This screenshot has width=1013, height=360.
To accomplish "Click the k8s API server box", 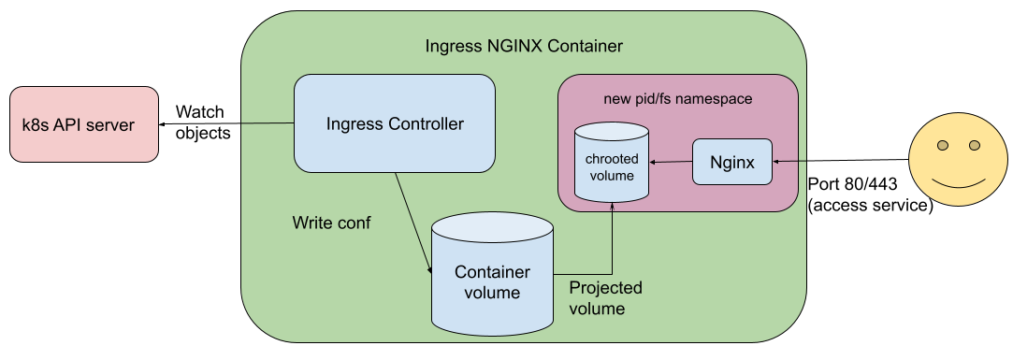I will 84,124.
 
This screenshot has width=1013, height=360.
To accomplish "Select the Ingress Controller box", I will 394,123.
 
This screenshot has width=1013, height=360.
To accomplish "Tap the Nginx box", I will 732,162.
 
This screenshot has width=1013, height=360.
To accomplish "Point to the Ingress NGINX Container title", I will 524,46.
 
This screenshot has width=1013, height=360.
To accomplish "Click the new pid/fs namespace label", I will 678,98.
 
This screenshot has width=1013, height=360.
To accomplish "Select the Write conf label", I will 331,223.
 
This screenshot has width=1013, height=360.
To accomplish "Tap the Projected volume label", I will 605,297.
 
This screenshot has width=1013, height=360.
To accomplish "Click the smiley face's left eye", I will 944,145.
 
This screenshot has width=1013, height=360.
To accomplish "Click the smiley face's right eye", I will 974,145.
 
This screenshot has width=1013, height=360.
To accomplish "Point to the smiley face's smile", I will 959,181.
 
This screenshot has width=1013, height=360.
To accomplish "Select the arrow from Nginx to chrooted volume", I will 671,163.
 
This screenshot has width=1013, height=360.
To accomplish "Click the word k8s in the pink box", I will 36,125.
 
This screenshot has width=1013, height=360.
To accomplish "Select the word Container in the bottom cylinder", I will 492,272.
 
